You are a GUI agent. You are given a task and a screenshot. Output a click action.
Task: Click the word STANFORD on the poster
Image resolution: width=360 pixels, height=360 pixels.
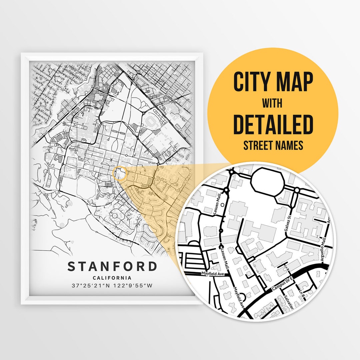(112, 267)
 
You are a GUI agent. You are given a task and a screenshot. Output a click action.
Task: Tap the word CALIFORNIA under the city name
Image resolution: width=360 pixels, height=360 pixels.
(112, 278)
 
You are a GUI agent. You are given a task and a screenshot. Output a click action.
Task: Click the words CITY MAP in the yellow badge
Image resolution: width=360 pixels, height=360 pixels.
(273, 82)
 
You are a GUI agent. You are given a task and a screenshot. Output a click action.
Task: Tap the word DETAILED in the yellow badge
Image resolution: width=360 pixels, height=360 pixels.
(273, 124)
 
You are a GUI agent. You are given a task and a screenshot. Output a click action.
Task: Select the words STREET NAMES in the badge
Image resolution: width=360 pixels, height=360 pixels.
(273, 146)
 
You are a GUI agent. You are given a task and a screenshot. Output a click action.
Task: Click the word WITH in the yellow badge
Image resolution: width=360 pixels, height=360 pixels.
(273, 103)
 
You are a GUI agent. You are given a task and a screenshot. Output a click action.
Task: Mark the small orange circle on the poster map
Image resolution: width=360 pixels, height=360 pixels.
(119, 173)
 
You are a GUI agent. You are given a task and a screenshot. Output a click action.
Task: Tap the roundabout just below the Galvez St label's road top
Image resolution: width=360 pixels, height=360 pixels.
(297, 190)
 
